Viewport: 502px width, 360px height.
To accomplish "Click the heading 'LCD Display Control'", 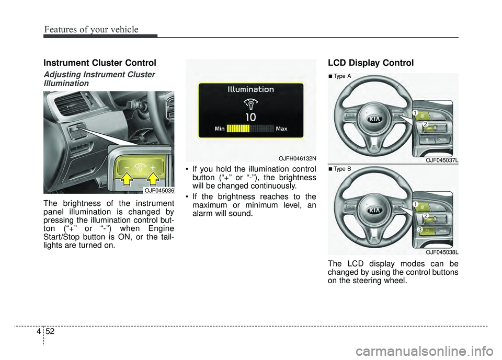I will (371, 63).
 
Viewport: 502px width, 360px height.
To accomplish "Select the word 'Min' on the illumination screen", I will (220, 128).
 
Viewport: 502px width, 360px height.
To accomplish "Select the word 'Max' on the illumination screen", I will (281, 128).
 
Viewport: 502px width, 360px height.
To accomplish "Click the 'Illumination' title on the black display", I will (250, 89).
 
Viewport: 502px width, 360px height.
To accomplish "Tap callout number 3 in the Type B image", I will (419, 230).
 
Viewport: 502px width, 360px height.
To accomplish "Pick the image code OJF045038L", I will (442, 252).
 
